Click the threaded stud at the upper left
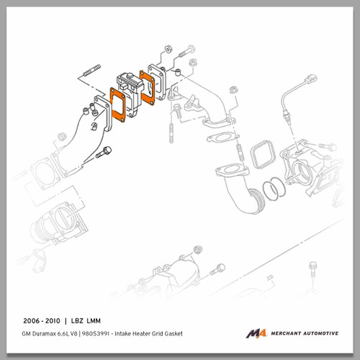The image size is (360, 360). (x=90, y=73)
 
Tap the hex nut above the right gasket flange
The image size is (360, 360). (x=164, y=52)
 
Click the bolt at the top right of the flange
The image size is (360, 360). (x=185, y=53)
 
